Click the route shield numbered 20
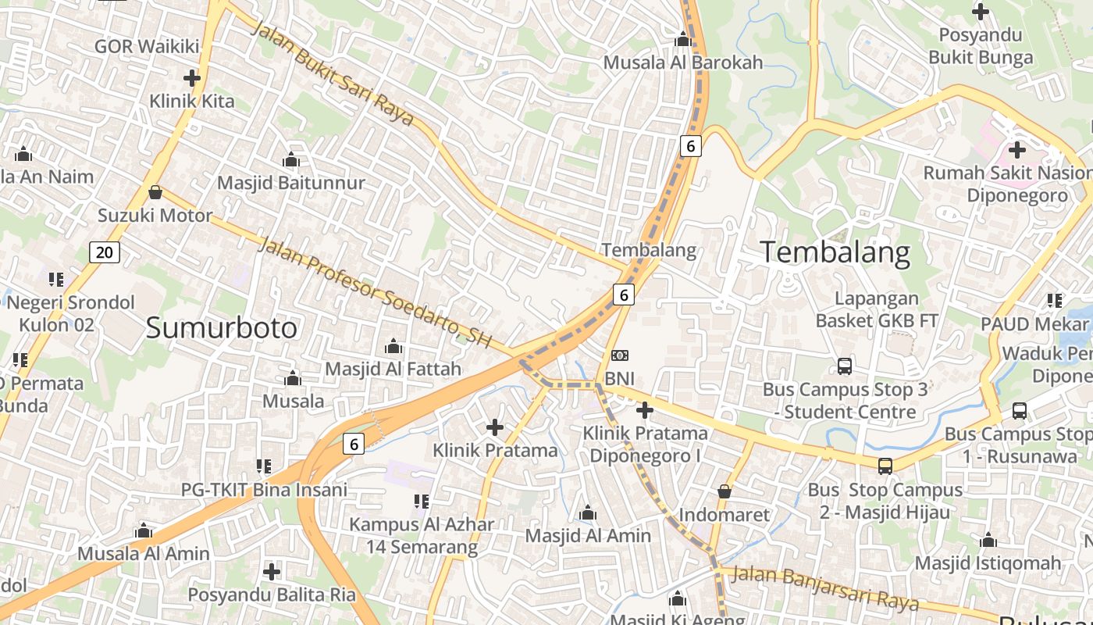(x=105, y=252)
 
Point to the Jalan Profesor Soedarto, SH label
(x=375, y=293)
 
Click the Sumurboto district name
(x=222, y=328)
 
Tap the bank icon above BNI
(x=619, y=356)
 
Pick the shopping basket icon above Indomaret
(x=725, y=491)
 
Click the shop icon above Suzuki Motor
(x=155, y=192)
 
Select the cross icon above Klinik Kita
(x=191, y=78)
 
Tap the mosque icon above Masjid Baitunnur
(x=291, y=160)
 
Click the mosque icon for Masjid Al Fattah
(x=393, y=345)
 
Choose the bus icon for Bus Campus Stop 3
(x=844, y=366)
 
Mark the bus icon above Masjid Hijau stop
(x=885, y=466)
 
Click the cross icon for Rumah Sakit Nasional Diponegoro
(x=1016, y=149)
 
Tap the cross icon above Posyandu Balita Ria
(x=271, y=571)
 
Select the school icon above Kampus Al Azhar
(x=422, y=501)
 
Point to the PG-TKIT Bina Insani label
(x=264, y=490)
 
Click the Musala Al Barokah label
(x=683, y=62)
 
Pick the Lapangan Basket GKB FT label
(x=877, y=309)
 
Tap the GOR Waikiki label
(x=147, y=46)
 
